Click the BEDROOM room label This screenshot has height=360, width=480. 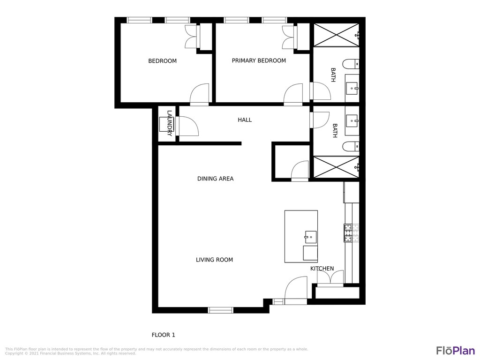pos(162,61)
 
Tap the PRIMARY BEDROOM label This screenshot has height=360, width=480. pos(259,60)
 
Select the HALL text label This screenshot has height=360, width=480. pos(245,120)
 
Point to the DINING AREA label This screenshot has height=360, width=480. pos(215,179)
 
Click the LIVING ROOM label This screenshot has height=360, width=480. pos(214,260)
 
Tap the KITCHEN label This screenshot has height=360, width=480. pos(322,269)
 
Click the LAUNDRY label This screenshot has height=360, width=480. pos(170,123)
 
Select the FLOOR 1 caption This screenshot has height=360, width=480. pos(163,335)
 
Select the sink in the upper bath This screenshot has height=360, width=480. pos(352,88)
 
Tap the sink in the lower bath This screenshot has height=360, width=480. pos(352,121)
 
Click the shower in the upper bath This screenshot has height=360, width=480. pos(336,35)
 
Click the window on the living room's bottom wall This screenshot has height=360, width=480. pos(220,310)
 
